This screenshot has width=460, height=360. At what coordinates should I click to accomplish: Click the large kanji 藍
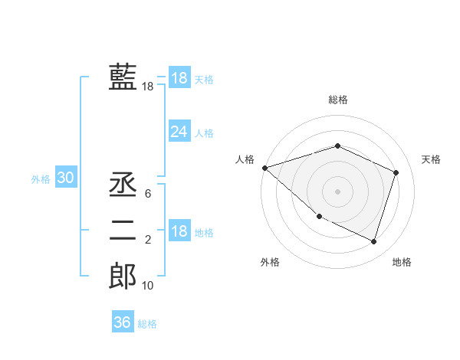(123, 77)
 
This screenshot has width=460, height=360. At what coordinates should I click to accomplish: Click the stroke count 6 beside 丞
(147, 194)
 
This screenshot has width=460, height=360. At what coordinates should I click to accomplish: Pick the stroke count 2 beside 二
(147, 240)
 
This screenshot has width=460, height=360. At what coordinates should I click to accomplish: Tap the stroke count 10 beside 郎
(147, 286)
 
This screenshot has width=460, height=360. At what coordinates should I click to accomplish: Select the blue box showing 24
(179, 132)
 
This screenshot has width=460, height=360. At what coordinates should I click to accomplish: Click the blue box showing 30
(65, 178)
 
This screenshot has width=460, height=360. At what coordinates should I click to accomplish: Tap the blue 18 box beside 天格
(179, 78)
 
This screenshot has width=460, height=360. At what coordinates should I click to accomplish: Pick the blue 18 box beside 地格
(179, 232)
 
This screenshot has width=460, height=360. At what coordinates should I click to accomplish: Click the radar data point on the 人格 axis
(264, 168)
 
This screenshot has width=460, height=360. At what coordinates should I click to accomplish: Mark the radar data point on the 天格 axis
(396, 172)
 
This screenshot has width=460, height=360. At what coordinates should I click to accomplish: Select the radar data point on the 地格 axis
(374, 241)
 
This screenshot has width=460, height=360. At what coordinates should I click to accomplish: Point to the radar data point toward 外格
(319, 217)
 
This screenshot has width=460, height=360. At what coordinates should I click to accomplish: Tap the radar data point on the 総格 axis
(337, 146)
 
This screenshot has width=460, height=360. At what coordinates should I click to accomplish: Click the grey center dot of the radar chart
(337, 191)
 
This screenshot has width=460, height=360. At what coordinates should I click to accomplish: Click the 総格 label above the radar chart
(338, 100)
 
